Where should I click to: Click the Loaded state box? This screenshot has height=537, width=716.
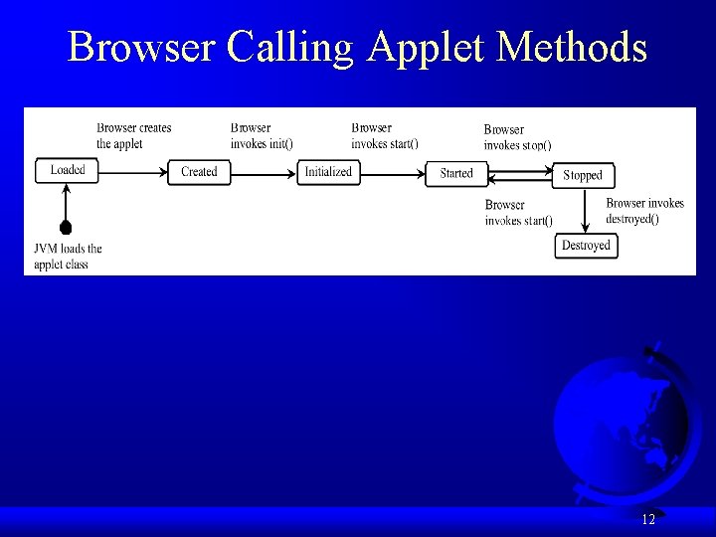(68, 170)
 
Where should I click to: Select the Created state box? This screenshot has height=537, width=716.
(199, 172)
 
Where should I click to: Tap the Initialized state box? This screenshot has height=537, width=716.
(328, 172)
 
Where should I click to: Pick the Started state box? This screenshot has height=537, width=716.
(456, 173)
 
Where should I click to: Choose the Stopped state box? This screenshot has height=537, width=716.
(583, 175)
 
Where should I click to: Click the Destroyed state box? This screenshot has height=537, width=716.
(586, 246)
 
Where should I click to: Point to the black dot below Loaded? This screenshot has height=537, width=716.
(66, 228)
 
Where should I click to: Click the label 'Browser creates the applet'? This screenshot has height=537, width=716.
(133, 135)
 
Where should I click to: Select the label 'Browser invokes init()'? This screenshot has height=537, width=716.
(261, 135)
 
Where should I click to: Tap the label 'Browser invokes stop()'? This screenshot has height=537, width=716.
(517, 137)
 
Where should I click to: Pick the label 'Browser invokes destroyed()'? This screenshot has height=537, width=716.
(644, 211)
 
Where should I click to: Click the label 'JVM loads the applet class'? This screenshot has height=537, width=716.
(68, 256)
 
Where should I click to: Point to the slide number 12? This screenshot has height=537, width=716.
(648, 519)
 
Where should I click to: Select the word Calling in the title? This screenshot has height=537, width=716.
(292, 48)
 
